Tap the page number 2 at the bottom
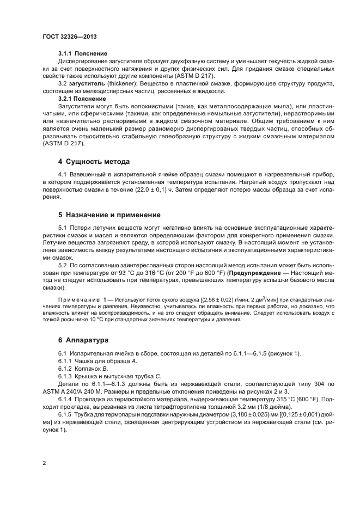click(x=44, y=463)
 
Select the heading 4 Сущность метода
click(x=94, y=162)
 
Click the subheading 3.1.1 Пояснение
click(x=82, y=53)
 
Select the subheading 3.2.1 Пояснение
click(x=82, y=99)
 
